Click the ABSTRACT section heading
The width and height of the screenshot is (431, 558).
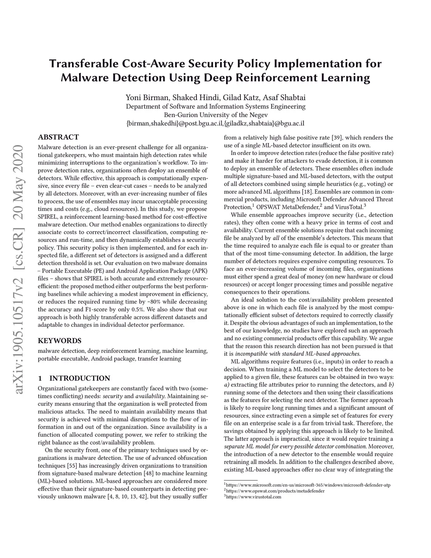pos(58,137)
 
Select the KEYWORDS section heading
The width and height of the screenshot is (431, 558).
pos(59,341)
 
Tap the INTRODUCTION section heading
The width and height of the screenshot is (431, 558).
pos(80,378)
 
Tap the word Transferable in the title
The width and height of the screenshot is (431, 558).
pos(83,64)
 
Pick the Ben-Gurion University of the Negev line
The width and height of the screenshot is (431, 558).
pos(215,115)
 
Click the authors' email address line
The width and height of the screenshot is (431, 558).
pos(215,123)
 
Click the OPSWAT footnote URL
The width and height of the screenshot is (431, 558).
pos(275,491)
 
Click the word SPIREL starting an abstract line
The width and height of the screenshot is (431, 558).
pos(48,216)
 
